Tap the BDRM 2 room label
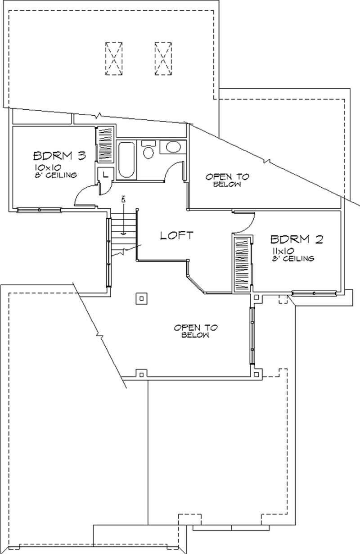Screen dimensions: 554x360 297,239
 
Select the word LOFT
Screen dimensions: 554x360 177,235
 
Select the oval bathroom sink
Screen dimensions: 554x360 171,147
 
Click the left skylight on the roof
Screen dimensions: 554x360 114,59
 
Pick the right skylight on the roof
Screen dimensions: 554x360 163,59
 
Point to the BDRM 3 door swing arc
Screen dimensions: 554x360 83,197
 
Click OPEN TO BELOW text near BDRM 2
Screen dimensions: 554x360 220,180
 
